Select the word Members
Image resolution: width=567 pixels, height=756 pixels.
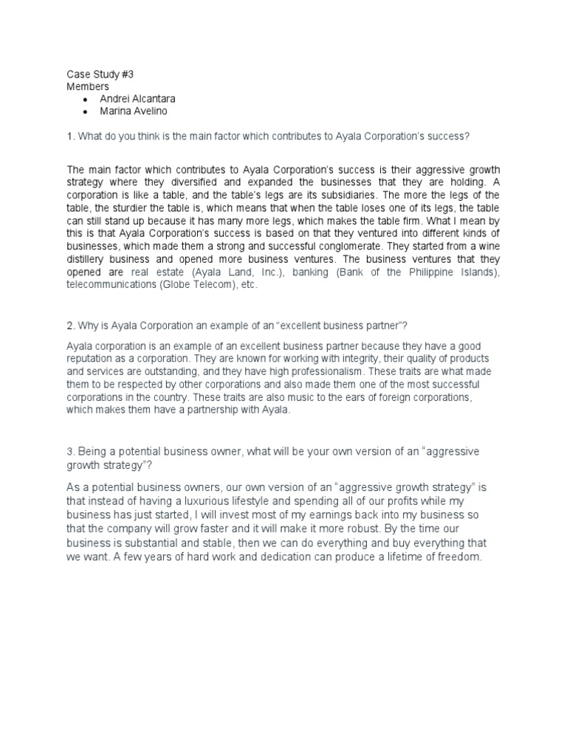point(88,86)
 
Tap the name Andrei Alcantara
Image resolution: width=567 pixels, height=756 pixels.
point(138,98)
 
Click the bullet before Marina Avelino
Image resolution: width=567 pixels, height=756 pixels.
point(86,111)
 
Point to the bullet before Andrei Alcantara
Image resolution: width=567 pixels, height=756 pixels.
point(86,99)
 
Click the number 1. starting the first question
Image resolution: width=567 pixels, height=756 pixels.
point(71,136)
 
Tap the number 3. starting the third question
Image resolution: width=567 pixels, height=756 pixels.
point(71,451)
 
